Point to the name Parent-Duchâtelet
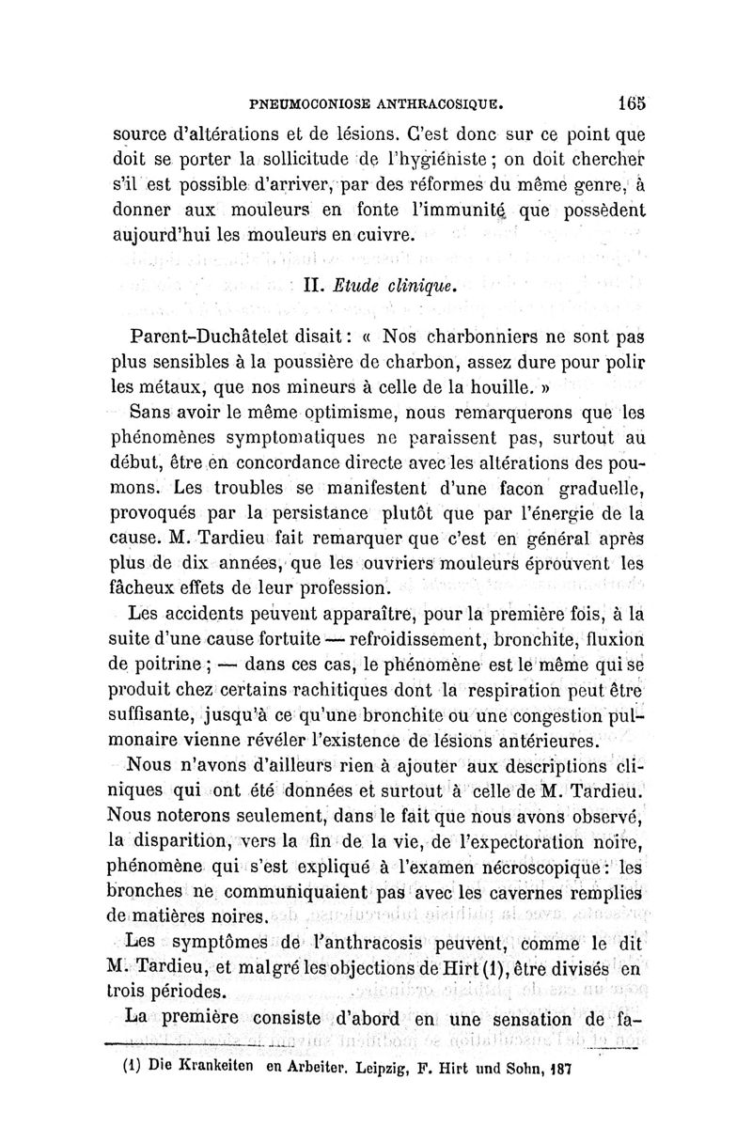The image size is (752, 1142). click(x=221, y=337)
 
